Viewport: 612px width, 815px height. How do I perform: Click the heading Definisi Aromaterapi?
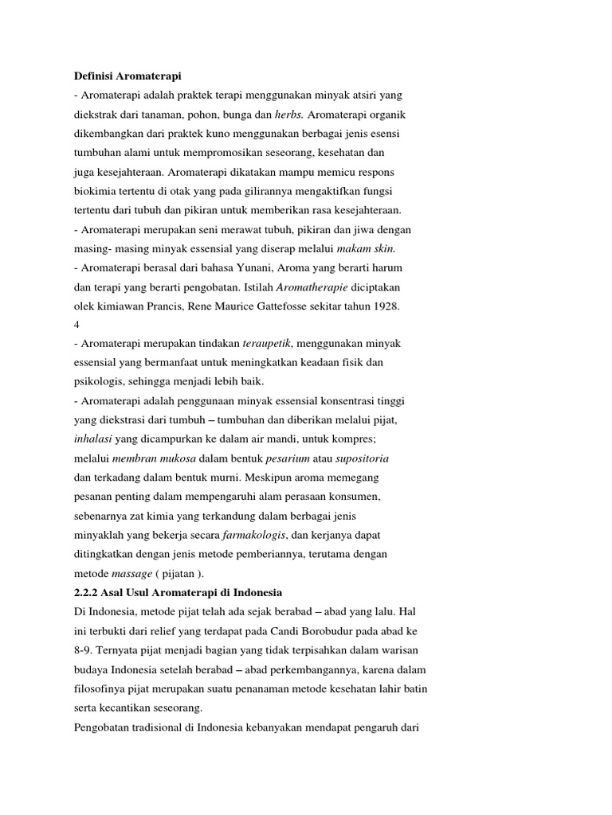[127, 76]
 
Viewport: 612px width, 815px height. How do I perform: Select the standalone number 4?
[76, 325]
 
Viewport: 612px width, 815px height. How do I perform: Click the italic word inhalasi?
[95, 439]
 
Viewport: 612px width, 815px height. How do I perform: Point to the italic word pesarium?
[291, 458]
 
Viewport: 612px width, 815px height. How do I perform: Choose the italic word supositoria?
[363, 458]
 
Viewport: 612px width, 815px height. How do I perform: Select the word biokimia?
[94, 191]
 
